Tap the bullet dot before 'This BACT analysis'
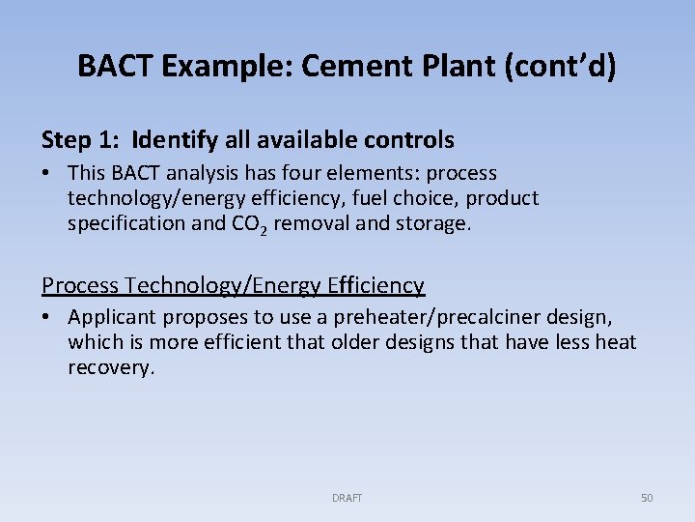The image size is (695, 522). (x=47, y=174)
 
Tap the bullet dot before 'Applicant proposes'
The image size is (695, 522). (x=47, y=318)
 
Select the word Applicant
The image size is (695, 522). (x=111, y=317)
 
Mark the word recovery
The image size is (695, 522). (x=110, y=367)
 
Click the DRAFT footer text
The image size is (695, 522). (x=347, y=498)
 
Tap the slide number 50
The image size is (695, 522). (x=647, y=498)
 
